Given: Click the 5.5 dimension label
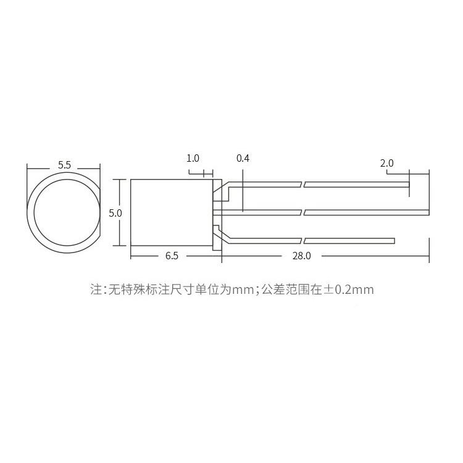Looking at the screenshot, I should tap(64, 165).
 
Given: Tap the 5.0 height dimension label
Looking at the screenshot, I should tap(115, 213).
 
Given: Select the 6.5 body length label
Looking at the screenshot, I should tap(172, 255).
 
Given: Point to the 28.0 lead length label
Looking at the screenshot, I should tap(301, 255).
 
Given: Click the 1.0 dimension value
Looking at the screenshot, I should tap(193, 159).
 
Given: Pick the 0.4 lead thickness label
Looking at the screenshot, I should tap(243, 159).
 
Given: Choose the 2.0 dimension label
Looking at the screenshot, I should tap(387, 164).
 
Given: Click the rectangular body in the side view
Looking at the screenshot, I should tap(172, 213).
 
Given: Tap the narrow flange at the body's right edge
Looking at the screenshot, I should tap(217, 213).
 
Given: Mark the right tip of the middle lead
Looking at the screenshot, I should tap(427, 213).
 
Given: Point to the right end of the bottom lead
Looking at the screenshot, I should tap(393, 241).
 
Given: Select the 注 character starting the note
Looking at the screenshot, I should tap(96, 289).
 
